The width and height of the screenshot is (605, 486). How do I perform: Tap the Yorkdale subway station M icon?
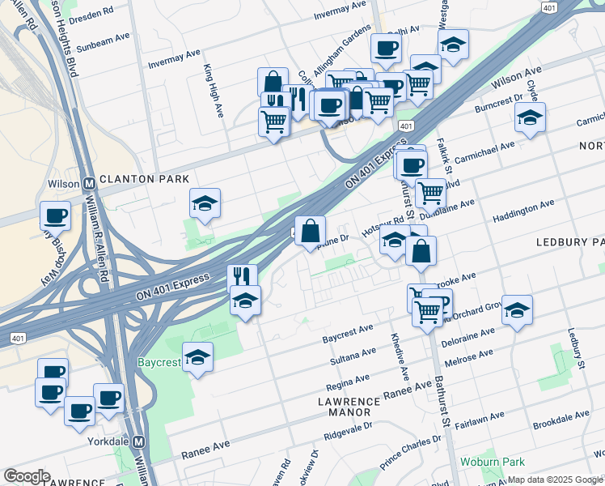138,442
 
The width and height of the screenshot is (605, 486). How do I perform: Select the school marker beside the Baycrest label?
197,357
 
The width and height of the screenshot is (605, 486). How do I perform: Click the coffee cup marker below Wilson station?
55,215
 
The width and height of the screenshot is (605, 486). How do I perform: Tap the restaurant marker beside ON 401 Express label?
242,277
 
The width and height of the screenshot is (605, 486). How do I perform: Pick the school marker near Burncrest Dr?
530,117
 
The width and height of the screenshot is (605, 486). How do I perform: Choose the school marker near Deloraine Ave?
517,309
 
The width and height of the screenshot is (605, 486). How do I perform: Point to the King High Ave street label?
214,91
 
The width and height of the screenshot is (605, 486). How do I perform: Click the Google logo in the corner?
27,476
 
